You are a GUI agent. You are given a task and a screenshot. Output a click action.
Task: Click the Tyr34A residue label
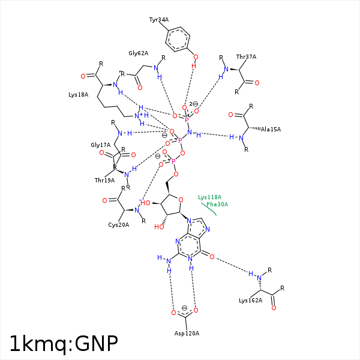[x=159, y=20]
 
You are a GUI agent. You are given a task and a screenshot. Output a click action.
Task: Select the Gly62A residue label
[x=138, y=53]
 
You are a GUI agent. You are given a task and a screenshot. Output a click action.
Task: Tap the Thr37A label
[x=246, y=57]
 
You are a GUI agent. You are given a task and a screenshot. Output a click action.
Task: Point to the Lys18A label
[x=78, y=95]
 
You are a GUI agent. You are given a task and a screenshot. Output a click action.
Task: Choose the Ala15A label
[x=271, y=130]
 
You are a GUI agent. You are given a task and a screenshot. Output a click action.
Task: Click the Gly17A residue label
[x=101, y=145]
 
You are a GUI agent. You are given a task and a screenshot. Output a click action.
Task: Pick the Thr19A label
[x=104, y=181]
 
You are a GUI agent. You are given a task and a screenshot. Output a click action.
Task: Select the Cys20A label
[x=118, y=225]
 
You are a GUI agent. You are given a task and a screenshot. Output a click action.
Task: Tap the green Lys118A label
[x=209, y=197]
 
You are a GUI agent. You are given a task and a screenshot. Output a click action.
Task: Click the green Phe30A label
[x=217, y=205]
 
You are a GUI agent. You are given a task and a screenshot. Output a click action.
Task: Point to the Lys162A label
[x=250, y=301]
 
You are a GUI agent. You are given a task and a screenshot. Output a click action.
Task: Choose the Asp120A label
[x=187, y=334]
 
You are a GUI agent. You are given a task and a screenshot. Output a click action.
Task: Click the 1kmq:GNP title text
[x=64, y=344]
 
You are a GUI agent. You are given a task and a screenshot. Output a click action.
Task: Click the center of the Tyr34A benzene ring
[x=178, y=40]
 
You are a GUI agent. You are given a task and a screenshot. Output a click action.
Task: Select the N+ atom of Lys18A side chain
[x=138, y=116]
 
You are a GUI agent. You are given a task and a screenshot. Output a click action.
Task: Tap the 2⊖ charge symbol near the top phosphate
[x=194, y=104]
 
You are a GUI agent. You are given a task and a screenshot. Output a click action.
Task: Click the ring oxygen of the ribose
[x=181, y=200]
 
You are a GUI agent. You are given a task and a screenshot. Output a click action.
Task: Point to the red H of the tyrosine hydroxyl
[x=194, y=66]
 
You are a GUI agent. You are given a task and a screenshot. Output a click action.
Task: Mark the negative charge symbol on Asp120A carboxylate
[x=184, y=308]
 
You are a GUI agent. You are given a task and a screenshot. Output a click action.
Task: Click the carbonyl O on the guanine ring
[x=212, y=257]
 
